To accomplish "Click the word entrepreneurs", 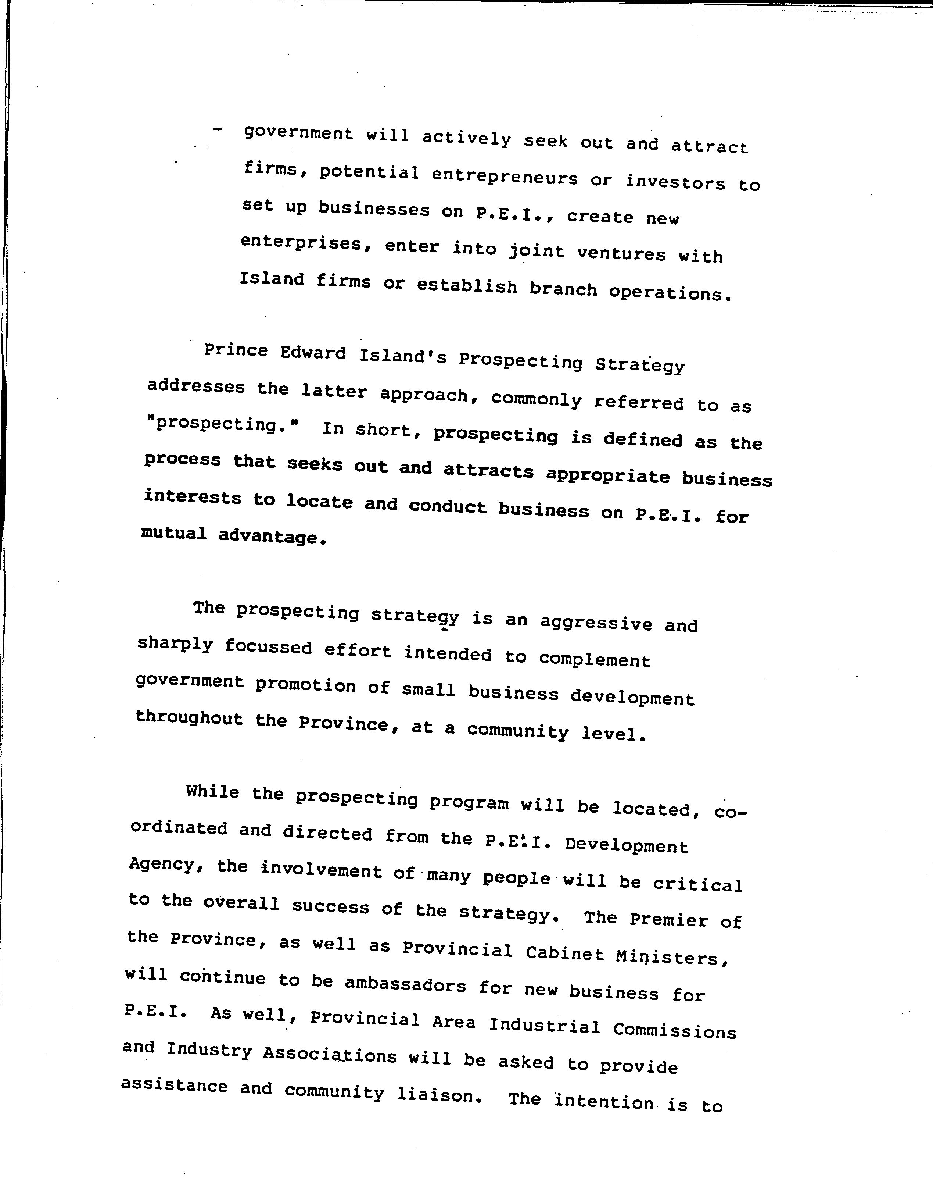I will (504, 178).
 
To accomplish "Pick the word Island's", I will (403, 357).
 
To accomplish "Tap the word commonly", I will (535, 400).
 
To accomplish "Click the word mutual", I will (174, 533).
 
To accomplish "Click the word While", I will (212, 792).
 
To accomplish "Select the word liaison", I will (439, 1095).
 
